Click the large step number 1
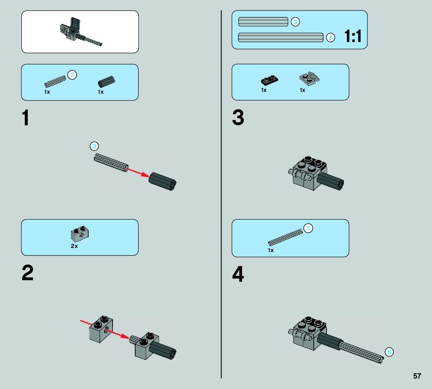click(x=26, y=118)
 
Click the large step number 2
click(x=27, y=273)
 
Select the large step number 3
click(x=238, y=118)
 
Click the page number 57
click(x=417, y=376)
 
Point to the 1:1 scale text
click(x=353, y=37)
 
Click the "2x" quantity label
click(x=74, y=246)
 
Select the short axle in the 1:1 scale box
click(x=263, y=22)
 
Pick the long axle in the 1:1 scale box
click(x=281, y=37)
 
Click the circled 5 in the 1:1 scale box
click(x=330, y=38)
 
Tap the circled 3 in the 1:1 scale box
click(x=295, y=22)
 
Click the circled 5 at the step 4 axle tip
click(x=389, y=352)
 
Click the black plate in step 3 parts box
click(x=269, y=80)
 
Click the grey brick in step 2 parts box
click(x=79, y=234)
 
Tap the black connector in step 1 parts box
click(x=106, y=81)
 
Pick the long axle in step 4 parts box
click(x=285, y=237)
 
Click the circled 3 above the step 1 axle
click(x=94, y=146)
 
